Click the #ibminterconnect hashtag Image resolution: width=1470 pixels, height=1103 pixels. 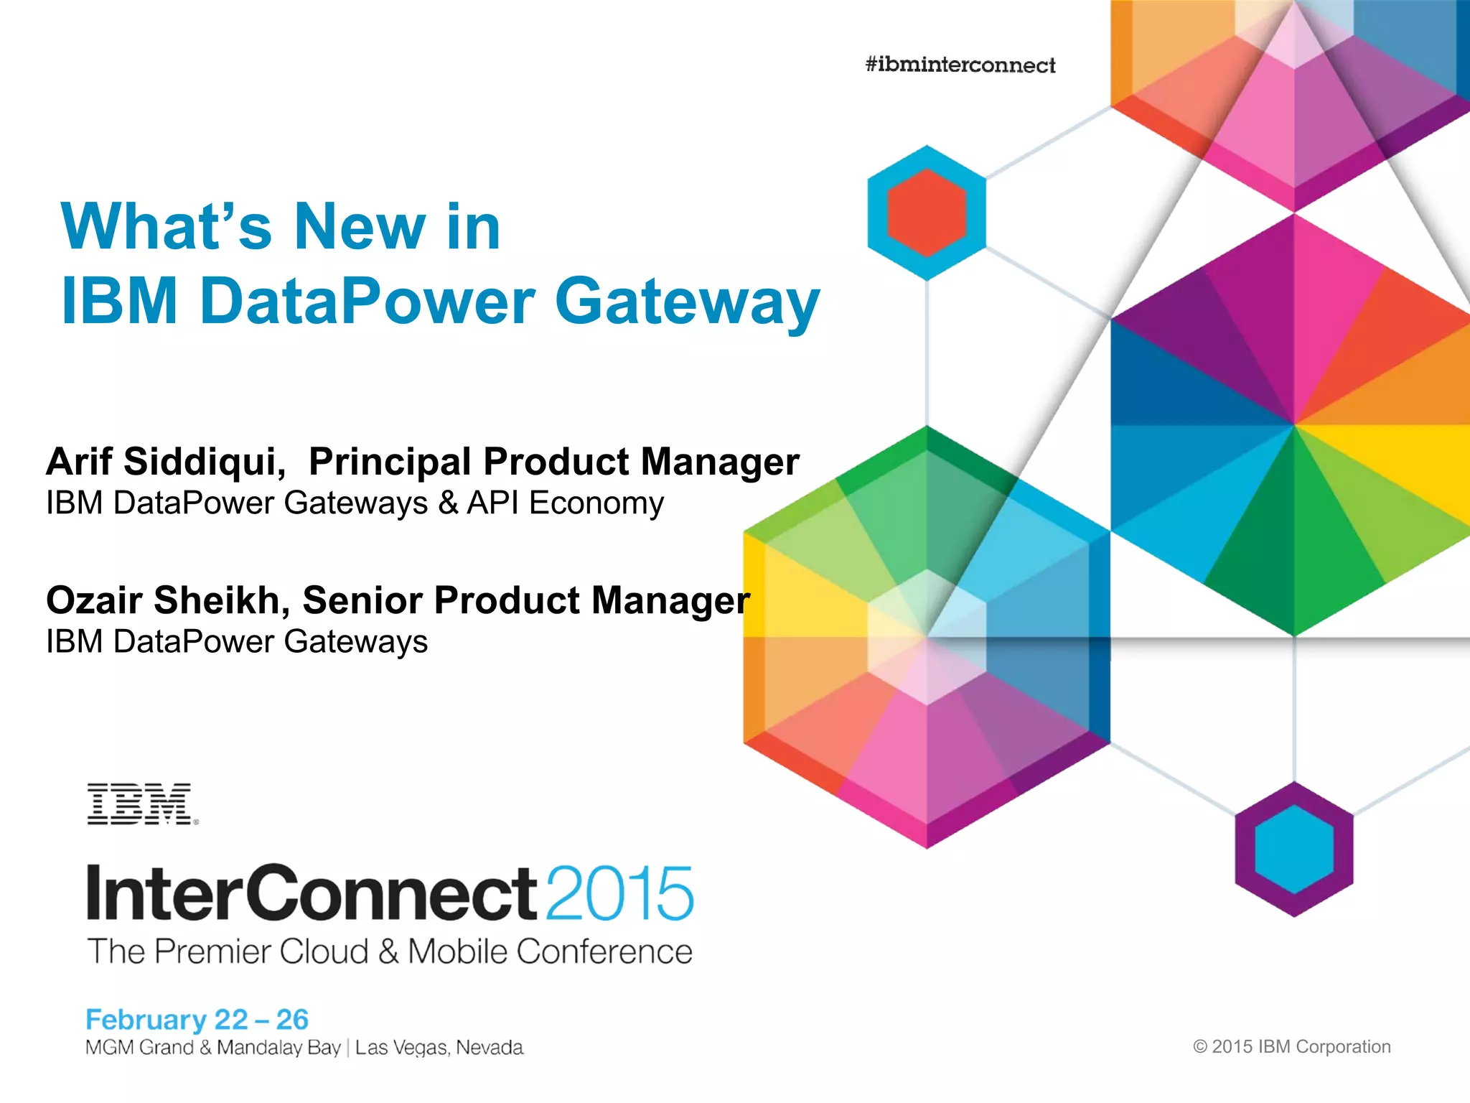[960, 65]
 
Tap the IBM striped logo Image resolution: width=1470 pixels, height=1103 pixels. [141, 804]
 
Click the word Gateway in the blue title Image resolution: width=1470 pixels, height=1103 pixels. [687, 302]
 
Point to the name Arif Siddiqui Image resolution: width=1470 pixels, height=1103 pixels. [165, 461]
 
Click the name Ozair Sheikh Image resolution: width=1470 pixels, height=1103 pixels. [167, 600]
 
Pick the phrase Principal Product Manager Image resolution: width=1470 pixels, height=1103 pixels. [553, 461]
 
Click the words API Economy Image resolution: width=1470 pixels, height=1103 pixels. [565, 503]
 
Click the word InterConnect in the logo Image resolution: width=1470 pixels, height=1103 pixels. [311, 893]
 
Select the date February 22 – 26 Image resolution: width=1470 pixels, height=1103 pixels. [197, 1019]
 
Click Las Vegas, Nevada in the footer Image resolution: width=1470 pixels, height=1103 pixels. [439, 1048]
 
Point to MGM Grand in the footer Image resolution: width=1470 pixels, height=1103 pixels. [139, 1048]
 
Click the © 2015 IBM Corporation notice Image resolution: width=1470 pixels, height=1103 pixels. [1291, 1046]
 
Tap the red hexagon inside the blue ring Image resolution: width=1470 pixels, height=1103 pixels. [926, 213]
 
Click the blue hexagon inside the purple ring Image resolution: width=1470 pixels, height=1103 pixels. [1293, 849]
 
